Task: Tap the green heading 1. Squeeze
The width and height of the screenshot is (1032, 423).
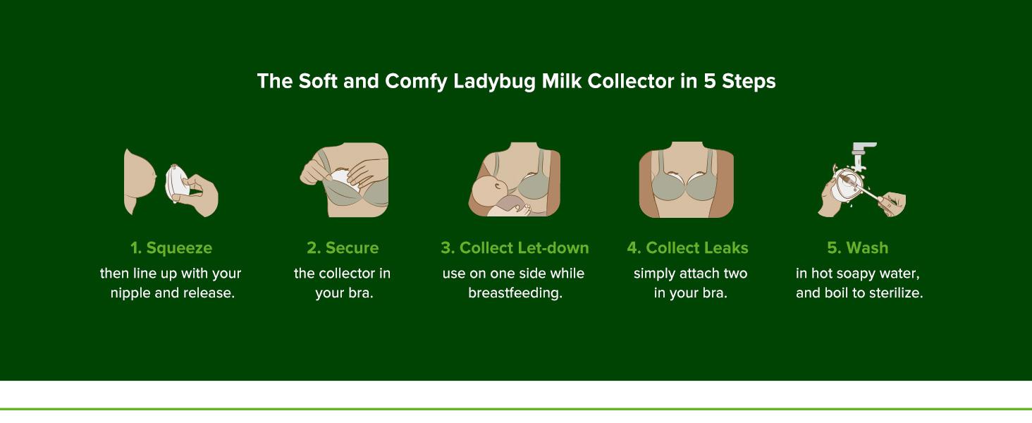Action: (x=171, y=248)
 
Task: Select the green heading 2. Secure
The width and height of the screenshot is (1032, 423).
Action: (x=343, y=248)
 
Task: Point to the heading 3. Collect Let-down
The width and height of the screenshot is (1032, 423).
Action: (x=515, y=248)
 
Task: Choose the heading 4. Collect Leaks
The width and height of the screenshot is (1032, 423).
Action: (x=687, y=248)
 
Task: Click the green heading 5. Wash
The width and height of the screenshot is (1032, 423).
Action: (x=857, y=248)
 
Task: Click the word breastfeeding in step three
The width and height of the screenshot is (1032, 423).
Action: (x=515, y=293)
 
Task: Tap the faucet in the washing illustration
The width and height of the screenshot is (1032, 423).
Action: (x=861, y=152)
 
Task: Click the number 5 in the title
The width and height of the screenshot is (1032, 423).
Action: (x=709, y=82)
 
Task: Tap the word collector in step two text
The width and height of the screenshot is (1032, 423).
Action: (x=348, y=274)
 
